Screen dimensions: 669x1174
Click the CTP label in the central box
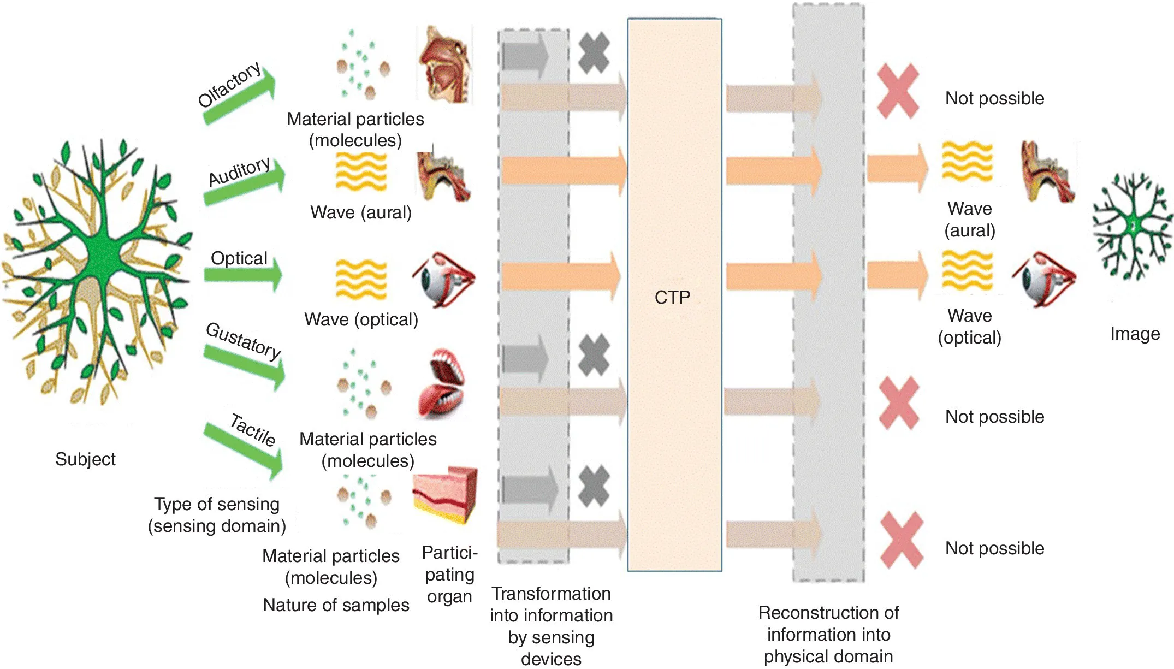(x=672, y=297)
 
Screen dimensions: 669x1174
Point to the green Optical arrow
(x=244, y=274)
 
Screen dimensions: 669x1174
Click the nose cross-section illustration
(x=444, y=64)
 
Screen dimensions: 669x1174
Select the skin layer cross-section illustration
(x=444, y=494)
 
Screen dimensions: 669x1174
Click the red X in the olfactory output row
(x=898, y=91)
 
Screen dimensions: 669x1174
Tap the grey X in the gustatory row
(x=594, y=355)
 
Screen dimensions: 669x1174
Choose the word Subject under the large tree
(x=85, y=459)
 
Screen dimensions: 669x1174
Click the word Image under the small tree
(x=1135, y=334)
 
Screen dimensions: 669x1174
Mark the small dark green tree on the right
(x=1133, y=226)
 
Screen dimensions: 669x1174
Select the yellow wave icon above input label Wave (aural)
(x=361, y=171)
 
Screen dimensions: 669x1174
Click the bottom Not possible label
(x=994, y=548)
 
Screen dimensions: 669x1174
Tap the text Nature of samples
(x=336, y=605)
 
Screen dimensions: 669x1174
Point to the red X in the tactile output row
(x=901, y=540)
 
